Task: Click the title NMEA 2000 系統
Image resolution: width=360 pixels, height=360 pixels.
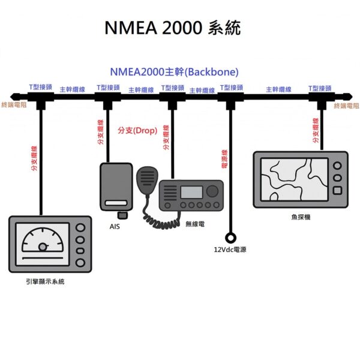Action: click(x=172, y=28)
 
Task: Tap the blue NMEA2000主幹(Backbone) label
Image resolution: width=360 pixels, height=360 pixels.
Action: click(x=174, y=72)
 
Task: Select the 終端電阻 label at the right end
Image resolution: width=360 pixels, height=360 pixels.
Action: click(x=346, y=106)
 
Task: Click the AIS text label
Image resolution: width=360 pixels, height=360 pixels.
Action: click(x=115, y=227)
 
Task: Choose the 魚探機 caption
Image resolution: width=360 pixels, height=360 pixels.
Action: click(x=300, y=217)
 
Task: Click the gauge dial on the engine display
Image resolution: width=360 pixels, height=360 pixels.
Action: click(x=42, y=243)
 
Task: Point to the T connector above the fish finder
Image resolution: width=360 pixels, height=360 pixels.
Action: click(x=321, y=98)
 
